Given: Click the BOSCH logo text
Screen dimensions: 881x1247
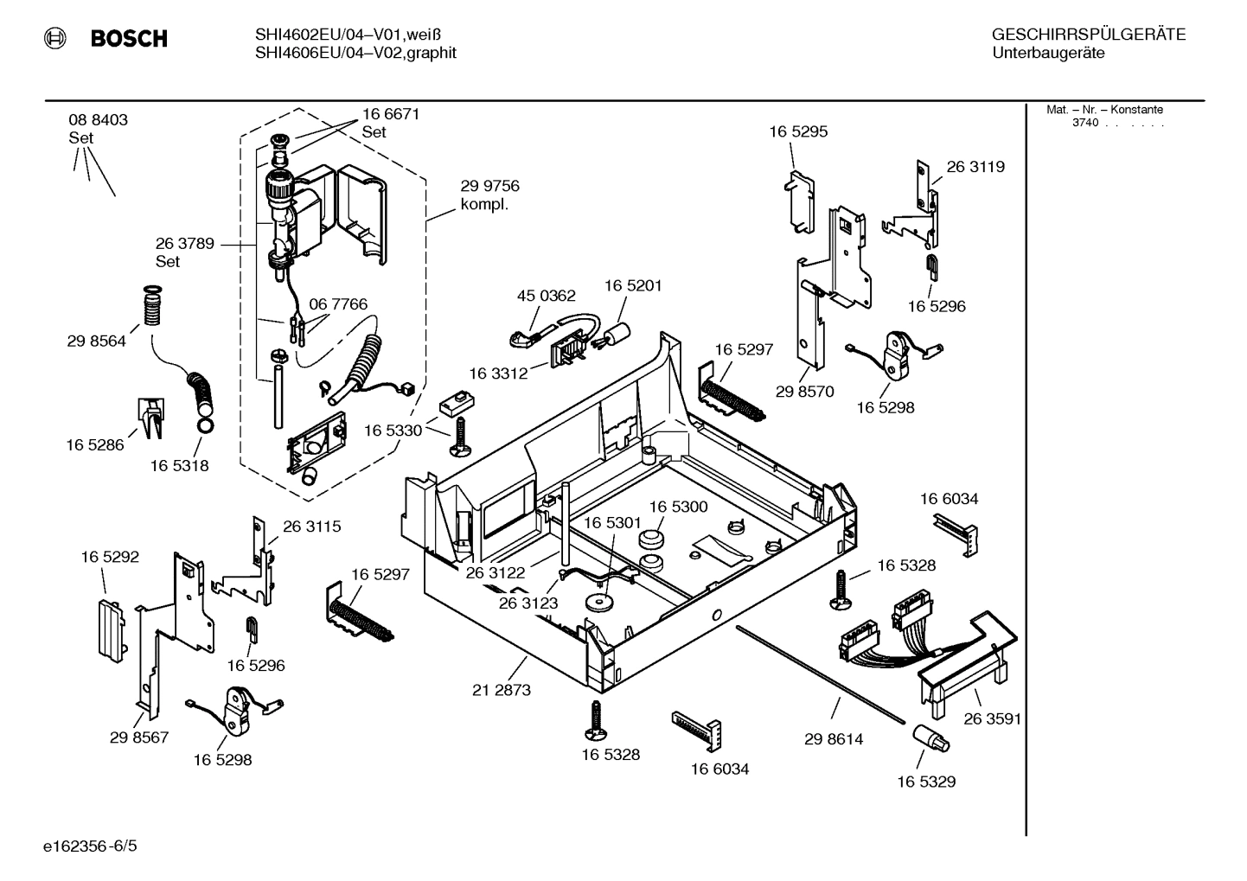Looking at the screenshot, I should point(128,39).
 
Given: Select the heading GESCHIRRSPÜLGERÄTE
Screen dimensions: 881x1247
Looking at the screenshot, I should point(1088,35).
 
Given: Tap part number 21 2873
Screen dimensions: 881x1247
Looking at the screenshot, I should point(502,690).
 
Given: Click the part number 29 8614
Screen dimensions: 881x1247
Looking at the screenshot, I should point(834,739).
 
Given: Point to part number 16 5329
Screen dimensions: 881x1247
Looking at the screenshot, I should point(926,782).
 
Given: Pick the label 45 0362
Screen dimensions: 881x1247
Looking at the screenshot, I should point(546,296).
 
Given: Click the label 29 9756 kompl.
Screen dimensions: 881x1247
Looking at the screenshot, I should point(489,195).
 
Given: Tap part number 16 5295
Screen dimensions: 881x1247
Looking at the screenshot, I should point(798,131).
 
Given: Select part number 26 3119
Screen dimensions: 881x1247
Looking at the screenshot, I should point(975,167).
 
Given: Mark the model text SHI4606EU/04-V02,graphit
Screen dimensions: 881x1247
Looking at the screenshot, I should point(355,53).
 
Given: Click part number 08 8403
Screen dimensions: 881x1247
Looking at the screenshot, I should point(99,120).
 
